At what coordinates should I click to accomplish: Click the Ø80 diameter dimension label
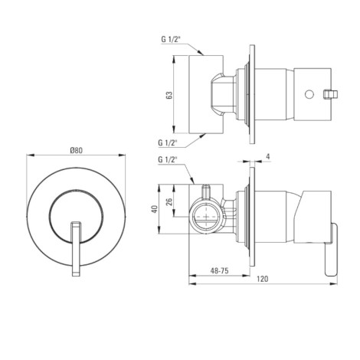coord(77,150)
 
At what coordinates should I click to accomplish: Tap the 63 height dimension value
coord(169,95)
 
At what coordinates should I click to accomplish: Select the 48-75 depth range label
coord(219,270)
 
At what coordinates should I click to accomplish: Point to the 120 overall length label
coord(263,279)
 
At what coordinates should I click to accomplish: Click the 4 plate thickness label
coord(268,156)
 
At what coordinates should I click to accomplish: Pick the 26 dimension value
coord(169,201)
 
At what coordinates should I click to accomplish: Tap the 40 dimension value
coord(154,209)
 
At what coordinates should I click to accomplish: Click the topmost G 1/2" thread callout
coord(171,39)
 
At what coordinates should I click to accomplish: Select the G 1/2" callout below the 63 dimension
coord(168,142)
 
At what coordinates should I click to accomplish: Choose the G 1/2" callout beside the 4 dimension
coord(168,159)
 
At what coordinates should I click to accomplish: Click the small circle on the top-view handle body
coord(309,94)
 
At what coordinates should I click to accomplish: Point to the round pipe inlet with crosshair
coord(206,217)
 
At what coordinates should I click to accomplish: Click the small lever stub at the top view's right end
coord(330,94)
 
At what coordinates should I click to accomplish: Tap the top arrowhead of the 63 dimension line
coord(174,59)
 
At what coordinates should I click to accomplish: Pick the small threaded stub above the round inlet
coord(206,191)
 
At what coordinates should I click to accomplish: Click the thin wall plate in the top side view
coord(252,94)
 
